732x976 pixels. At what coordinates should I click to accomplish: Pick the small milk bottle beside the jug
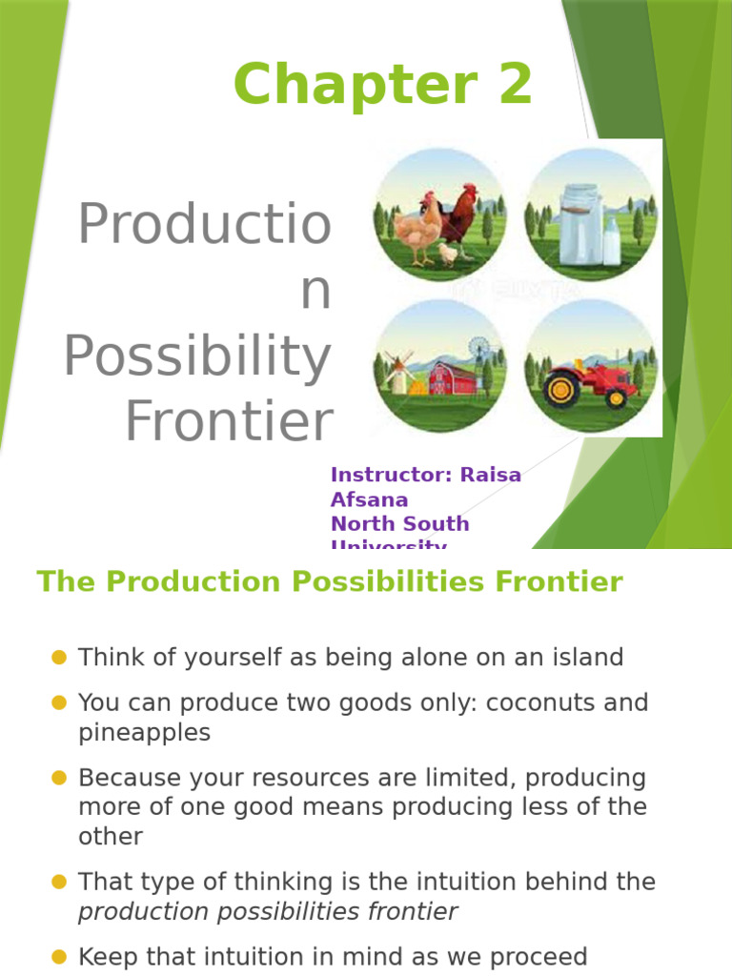[x=611, y=242]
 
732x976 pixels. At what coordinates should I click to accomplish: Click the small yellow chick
[x=446, y=253]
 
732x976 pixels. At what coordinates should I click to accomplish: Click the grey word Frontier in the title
[x=229, y=422]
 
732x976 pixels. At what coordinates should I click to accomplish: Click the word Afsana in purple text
[x=369, y=499]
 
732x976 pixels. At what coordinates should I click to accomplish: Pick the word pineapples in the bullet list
[x=144, y=732]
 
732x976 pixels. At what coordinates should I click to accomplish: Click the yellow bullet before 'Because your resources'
[x=59, y=778]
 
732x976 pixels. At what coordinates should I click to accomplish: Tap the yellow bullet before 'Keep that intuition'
[x=59, y=956]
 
